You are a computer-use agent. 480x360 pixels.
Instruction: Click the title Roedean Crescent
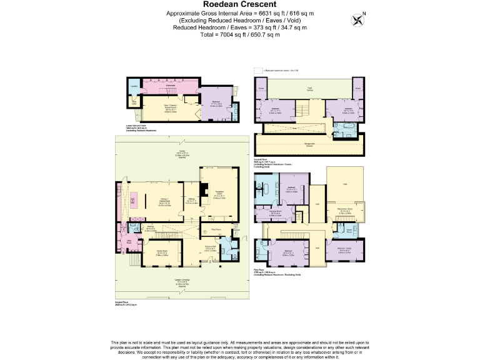pos(241,4)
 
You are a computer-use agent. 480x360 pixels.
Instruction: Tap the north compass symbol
pos(358,19)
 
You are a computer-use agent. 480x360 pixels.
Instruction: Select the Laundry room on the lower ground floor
pos(133,87)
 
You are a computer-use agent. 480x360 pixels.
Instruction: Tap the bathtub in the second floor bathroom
pos(342,129)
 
